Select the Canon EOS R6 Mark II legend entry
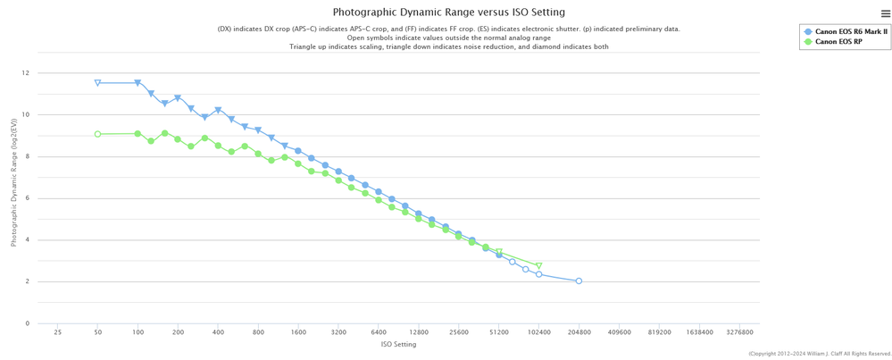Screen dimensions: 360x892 [851, 31]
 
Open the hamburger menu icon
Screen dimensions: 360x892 [885, 13]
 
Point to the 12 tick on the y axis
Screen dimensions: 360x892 [26, 73]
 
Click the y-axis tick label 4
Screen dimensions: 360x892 [28, 240]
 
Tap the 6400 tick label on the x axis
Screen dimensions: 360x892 [379, 331]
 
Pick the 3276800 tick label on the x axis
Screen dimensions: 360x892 [739, 331]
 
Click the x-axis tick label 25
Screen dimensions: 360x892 [58, 331]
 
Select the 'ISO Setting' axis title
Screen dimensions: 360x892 [398, 344]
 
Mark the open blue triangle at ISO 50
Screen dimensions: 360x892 [98, 83]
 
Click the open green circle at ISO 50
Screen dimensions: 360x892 [98, 134]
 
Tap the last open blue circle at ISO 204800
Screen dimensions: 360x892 [579, 281]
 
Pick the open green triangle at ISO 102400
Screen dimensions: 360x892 [538, 266]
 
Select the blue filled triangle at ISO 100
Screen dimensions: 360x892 [138, 83]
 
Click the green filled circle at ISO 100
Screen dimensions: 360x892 [138, 134]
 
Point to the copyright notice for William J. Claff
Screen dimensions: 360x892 [820, 354]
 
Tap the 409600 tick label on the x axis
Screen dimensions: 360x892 [619, 331]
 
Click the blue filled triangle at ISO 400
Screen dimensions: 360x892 [218, 111]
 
